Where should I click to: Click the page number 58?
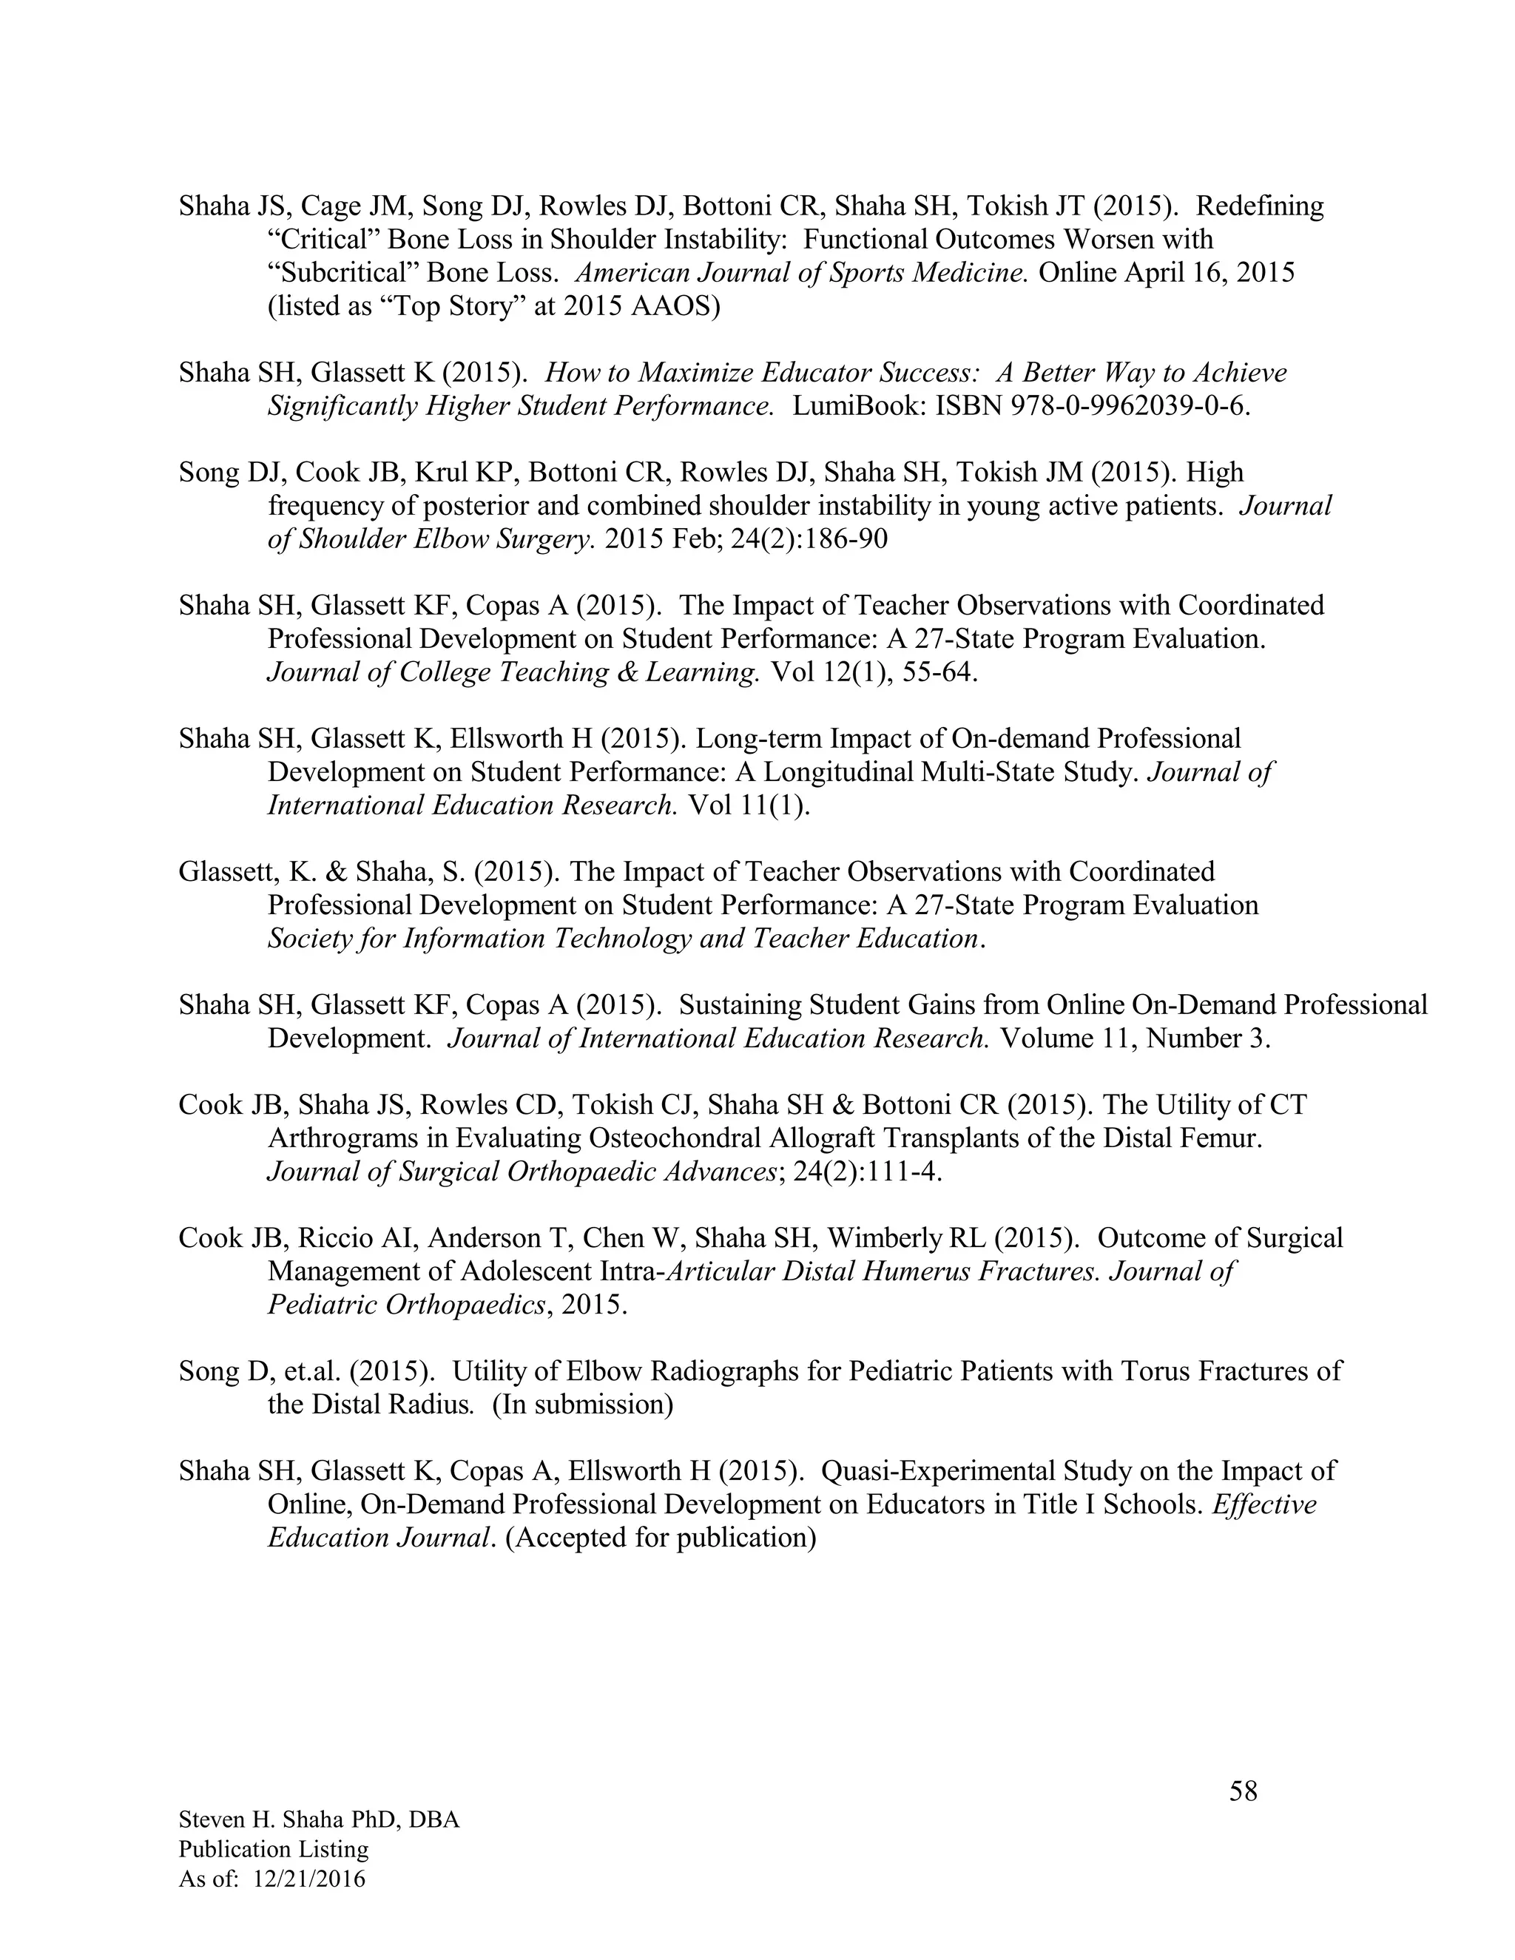tap(1243, 1792)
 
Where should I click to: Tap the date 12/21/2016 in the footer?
tap(310, 1879)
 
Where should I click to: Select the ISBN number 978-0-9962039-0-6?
tap(1093, 405)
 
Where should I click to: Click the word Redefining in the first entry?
tap(1259, 206)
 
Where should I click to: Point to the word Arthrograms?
tap(345, 1138)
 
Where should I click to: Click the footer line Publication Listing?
tap(273, 1850)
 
